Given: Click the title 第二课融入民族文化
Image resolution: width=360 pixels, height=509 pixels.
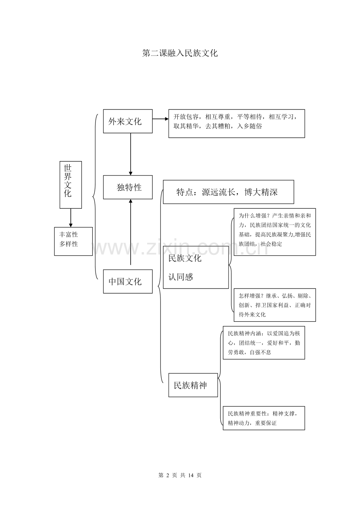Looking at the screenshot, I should coord(180,53).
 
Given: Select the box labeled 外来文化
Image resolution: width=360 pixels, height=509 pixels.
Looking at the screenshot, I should coord(128,121).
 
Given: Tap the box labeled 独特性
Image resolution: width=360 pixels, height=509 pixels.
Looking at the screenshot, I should coord(128,187).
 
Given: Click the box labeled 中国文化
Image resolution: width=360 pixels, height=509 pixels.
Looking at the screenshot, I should coord(128,281).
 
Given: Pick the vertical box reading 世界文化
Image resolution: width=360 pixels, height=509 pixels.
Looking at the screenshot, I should coord(70,185).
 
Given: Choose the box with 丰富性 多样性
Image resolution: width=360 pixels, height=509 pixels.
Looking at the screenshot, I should coord(73,241).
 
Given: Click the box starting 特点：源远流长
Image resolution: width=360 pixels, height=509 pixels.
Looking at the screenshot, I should coord(228,192).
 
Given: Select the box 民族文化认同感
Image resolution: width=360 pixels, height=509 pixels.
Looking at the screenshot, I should coord(196,267).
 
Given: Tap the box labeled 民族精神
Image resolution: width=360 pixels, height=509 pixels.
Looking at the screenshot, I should coord(193,385).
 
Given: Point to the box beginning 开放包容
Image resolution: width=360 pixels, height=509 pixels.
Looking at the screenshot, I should coord(236,123).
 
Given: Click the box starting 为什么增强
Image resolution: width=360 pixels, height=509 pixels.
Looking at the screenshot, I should coord(275,232).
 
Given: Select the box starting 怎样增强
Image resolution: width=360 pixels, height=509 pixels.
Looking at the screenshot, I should coord(275,305).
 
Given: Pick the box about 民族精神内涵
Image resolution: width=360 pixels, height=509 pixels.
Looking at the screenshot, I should coord(264,343).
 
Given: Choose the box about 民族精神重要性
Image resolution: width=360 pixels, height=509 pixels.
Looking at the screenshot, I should coord(264,418).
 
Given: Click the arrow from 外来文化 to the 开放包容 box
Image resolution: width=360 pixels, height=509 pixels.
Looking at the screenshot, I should coord(160,118).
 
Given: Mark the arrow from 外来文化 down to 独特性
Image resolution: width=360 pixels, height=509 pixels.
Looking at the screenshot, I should coord(131,154).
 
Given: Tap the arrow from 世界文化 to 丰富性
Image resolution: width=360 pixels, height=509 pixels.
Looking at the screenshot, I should coord(71,218).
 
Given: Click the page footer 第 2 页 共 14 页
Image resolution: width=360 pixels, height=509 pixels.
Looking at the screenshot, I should coord(180,475).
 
